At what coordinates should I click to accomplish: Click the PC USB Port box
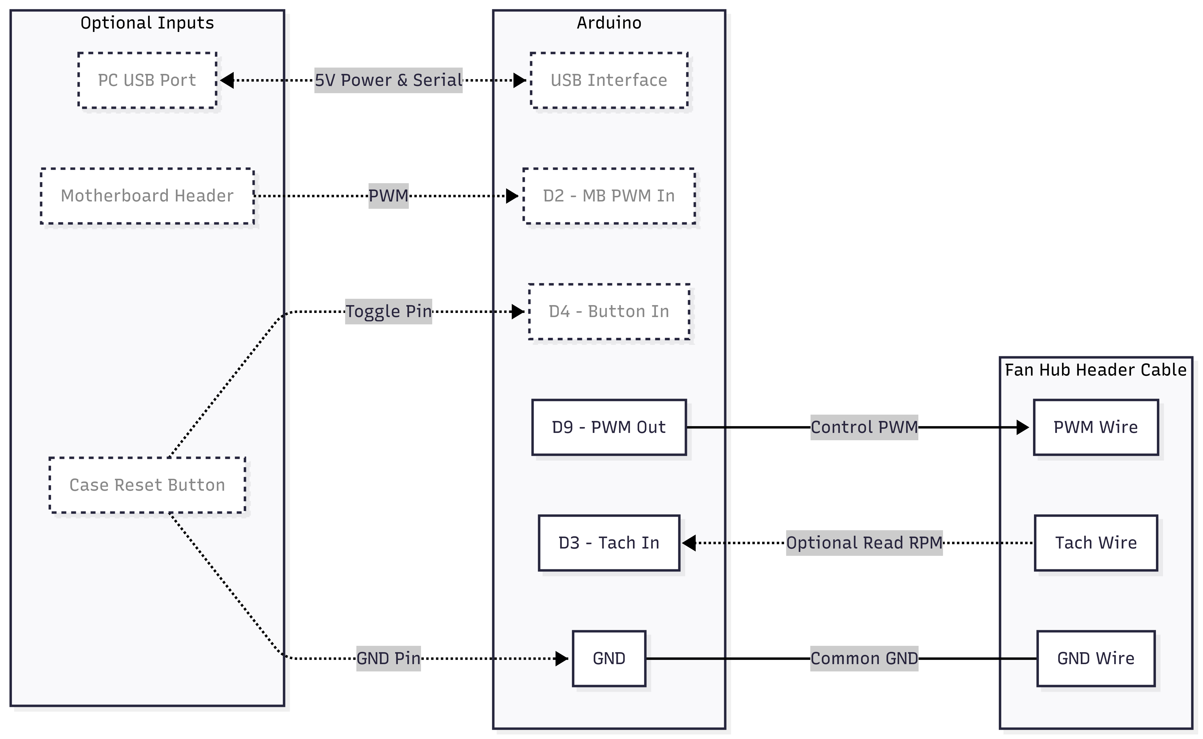pyautogui.click(x=147, y=80)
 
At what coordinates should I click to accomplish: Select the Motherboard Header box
pyautogui.click(x=147, y=196)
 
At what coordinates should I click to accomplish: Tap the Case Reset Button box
pyautogui.click(x=147, y=485)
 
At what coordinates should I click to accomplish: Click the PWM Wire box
pyautogui.click(x=1095, y=427)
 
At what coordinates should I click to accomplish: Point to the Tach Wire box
pyautogui.click(x=1095, y=542)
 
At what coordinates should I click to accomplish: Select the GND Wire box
pyautogui.click(x=1095, y=658)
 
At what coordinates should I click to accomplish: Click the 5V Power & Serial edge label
pyautogui.click(x=388, y=80)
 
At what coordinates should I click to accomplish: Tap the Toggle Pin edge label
pyautogui.click(x=388, y=311)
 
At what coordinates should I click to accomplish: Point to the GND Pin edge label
pyautogui.click(x=388, y=658)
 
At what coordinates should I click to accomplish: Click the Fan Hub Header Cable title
pyautogui.click(x=1095, y=370)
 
